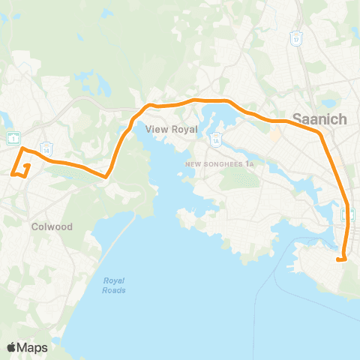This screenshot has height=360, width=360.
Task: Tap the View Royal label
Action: pos(171,129)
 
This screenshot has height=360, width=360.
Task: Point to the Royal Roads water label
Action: pos(115,286)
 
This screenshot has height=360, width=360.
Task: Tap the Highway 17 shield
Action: pos(297,39)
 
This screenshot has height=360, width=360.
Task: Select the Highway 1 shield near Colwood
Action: pos(13,137)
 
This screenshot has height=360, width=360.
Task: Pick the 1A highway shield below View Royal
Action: pos(215,139)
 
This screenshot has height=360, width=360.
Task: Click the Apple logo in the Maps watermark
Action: pos(13,346)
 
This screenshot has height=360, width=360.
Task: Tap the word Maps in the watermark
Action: pos(33,346)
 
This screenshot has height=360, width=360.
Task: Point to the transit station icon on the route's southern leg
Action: pos(348,215)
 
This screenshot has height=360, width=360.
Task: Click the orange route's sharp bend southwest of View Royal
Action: pos(107,177)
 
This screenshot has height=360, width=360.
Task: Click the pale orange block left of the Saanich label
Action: pos(274,136)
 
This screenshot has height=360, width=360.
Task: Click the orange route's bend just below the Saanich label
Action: pos(320,133)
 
